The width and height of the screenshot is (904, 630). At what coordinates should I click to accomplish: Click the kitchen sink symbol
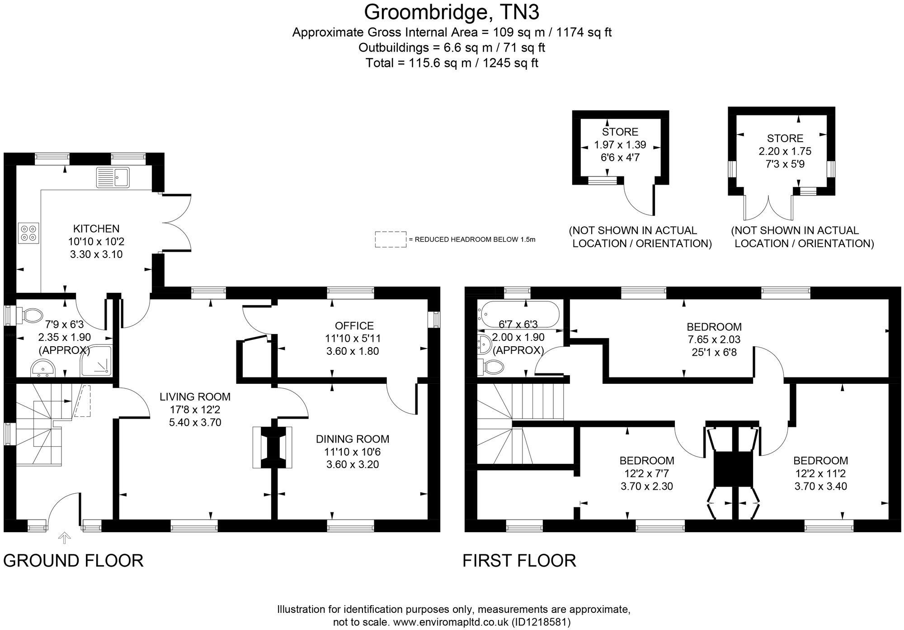113,177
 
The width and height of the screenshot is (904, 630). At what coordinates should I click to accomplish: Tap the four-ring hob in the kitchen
28,233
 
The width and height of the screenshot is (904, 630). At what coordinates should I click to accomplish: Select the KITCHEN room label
96,229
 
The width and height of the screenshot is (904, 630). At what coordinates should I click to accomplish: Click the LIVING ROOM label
195,397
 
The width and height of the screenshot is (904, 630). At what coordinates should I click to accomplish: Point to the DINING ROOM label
353,439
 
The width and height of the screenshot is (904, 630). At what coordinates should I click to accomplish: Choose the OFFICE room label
354,325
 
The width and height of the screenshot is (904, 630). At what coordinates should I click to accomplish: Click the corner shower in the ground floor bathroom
96,361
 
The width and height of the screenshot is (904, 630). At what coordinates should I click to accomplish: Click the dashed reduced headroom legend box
391,239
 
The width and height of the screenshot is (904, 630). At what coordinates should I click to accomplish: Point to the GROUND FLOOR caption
73,561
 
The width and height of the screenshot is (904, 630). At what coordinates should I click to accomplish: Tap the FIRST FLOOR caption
519,561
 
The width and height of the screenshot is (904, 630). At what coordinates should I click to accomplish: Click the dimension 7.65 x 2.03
714,339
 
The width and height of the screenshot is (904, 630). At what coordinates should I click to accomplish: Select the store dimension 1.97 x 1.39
620,145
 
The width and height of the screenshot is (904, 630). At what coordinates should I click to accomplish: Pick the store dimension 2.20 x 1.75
785,151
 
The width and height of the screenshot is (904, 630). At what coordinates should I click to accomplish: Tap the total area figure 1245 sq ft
511,62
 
